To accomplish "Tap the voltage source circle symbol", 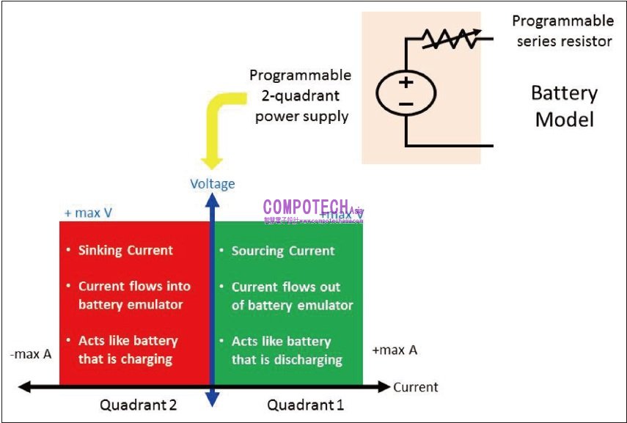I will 406,93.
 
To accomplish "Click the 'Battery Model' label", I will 563,106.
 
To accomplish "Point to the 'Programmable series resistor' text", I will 563,31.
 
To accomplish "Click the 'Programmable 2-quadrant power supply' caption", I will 301,95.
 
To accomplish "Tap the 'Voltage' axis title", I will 213,183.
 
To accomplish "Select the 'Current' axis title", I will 416,387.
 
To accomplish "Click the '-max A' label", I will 31,354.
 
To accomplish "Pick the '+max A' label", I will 395,350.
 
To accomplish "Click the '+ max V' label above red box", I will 88,213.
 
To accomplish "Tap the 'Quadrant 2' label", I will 139,405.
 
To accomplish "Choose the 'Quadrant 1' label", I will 305,405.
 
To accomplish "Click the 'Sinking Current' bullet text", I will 125,250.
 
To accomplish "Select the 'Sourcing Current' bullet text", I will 283,251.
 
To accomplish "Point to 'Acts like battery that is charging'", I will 128,350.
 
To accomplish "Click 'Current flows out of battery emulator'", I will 292,296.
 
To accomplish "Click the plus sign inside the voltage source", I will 406,82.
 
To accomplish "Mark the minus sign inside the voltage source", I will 406,104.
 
